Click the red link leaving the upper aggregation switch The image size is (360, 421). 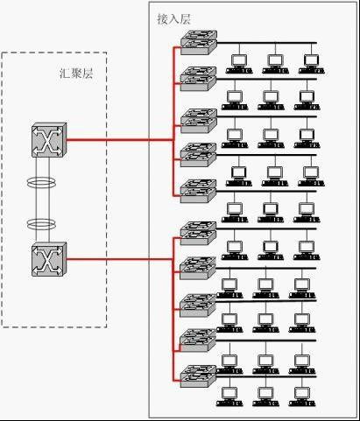(x=114, y=139)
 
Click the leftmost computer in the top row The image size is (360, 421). (x=237, y=61)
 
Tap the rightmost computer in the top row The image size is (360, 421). (x=309, y=61)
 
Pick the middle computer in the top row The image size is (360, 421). (x=274, y=61)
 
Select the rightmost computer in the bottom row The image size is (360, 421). (x=303, y=395)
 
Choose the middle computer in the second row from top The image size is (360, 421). (x=270, y=97)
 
